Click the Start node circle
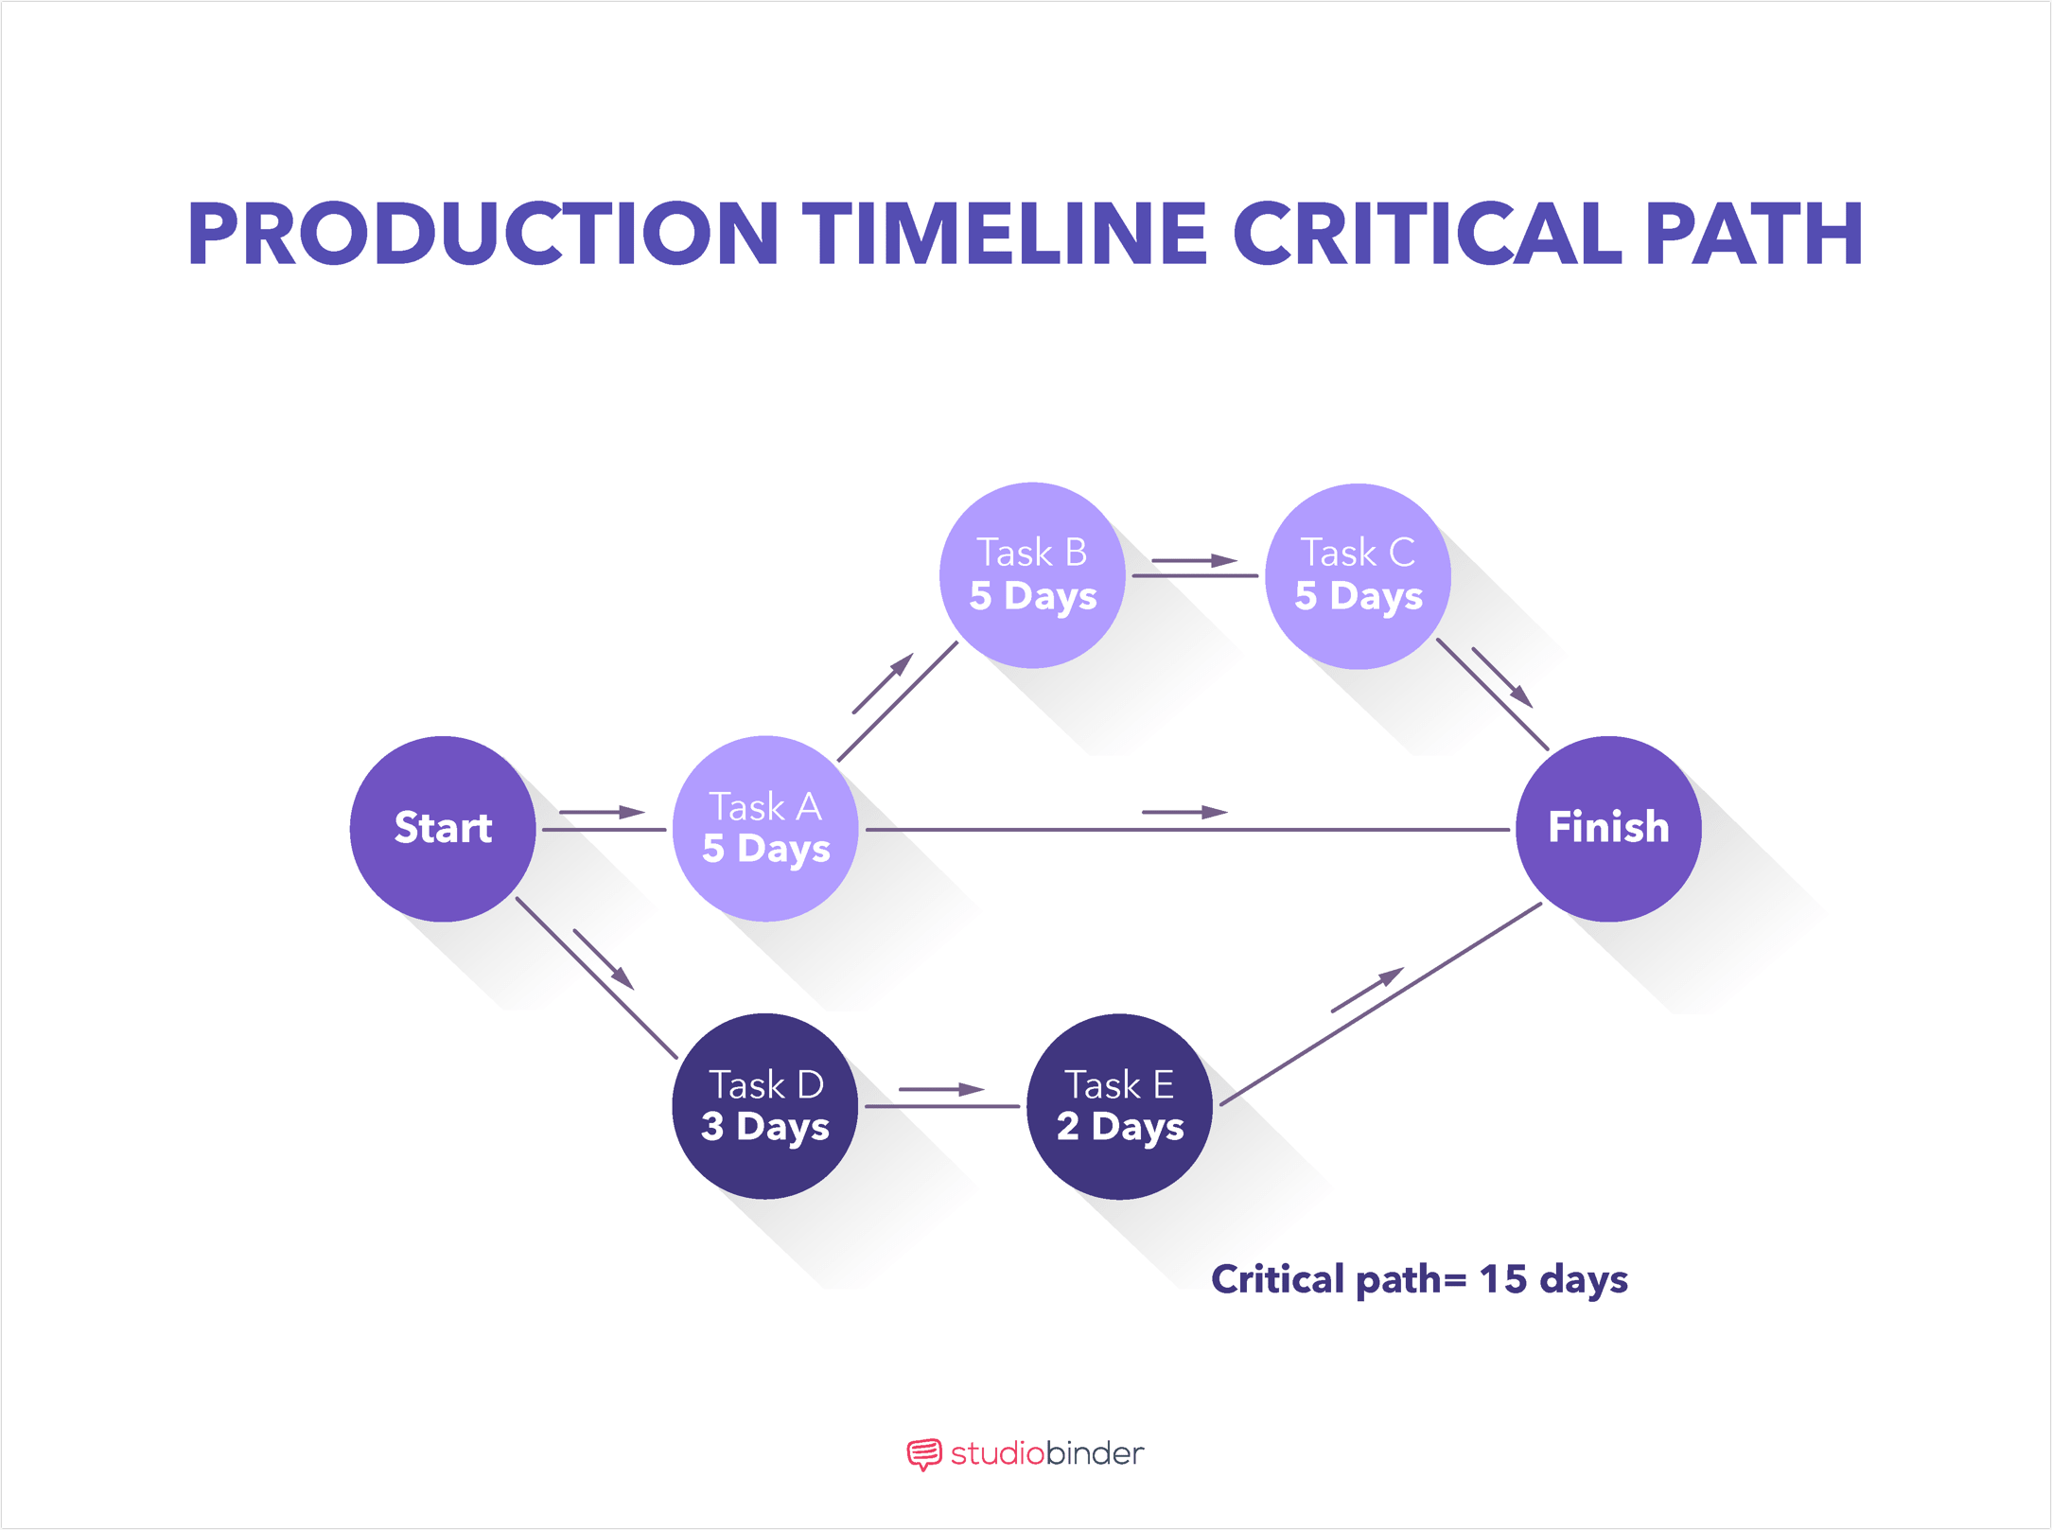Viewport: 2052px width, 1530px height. click(x=443, y=829)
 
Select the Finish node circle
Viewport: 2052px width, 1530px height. click(x=1608, y=829)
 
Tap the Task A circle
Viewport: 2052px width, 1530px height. click(x=765, y=829)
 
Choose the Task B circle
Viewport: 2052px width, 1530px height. click(x=1032, y=575)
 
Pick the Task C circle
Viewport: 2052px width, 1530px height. click(x=1358, y=575)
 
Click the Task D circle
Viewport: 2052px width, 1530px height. click(x=765, y=1106)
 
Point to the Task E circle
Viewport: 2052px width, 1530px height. click(x=1119, y=1106)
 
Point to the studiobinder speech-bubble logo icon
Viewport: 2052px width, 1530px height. click(x=924, y=1453)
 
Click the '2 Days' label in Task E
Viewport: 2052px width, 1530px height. click(x=1120, y=1127)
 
